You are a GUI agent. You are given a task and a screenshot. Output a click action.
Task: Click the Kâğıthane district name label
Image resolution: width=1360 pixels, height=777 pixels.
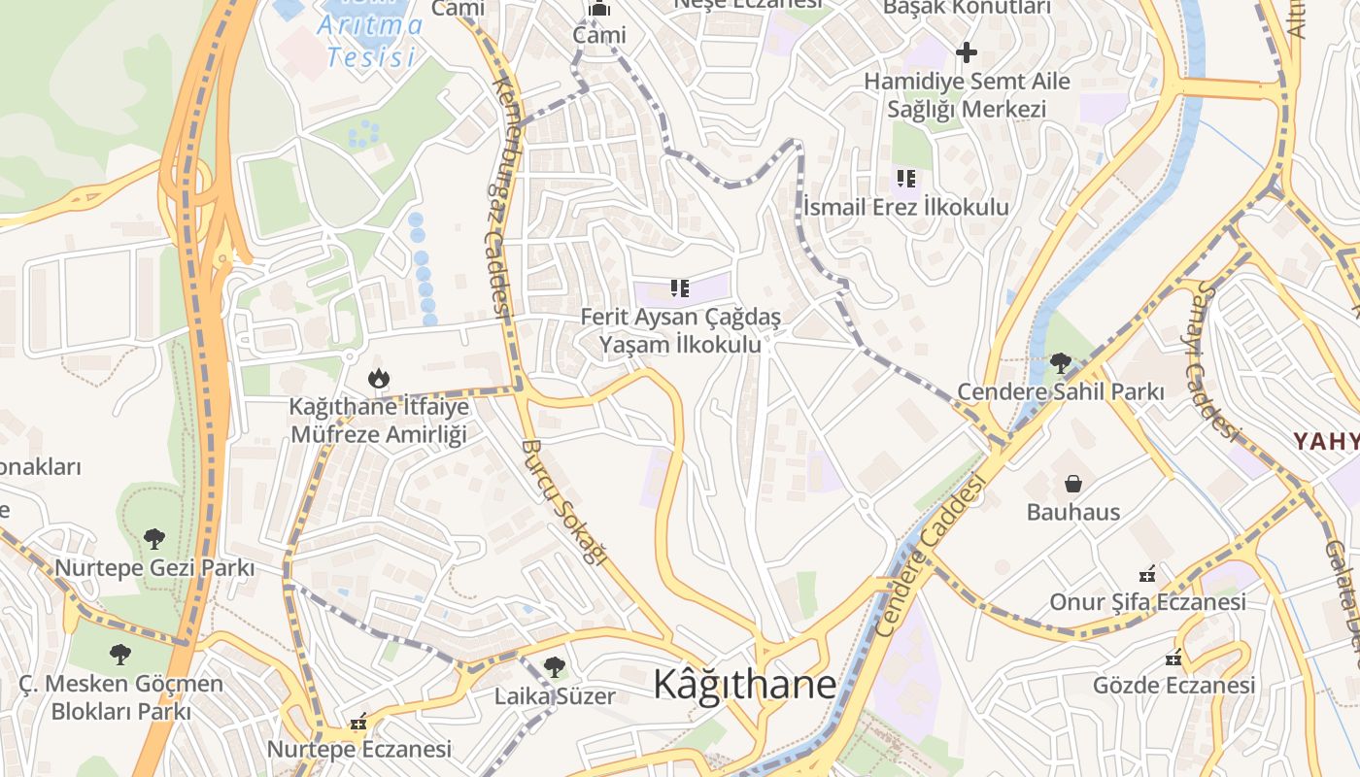tap(744, 685)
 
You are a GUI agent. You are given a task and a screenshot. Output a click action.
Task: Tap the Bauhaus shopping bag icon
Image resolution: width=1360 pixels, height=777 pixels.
tap(1073, 483)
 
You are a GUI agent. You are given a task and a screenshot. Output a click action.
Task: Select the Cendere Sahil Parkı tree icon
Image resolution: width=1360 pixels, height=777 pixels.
tap(1060, 363)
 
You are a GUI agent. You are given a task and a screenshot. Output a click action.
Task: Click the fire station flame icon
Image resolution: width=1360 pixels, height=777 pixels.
tap(378, 378)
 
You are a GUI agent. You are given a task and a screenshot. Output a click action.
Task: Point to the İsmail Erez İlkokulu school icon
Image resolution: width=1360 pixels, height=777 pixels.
tap(905, 178)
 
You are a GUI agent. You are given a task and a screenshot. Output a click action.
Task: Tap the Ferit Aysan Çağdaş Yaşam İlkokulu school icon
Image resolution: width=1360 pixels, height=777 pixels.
tap(679, 287)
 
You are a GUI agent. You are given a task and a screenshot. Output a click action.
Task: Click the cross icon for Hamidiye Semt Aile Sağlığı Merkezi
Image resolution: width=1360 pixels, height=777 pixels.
tap(966, 52)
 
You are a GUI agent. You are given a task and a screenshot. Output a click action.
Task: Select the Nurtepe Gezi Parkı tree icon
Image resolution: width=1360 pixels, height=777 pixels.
tap(153, 538)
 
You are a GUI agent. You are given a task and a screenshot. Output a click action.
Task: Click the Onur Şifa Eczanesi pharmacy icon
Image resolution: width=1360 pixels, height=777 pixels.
tap(1147, 573)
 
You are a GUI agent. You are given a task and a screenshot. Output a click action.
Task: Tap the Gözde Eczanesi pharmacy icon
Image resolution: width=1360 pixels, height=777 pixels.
tap(1173, 658)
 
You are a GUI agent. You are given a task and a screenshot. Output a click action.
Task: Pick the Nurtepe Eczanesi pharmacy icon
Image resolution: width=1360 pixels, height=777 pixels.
tap(358, 722)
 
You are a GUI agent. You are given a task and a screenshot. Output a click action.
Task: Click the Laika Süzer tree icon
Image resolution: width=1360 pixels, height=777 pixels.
tap(554, 667)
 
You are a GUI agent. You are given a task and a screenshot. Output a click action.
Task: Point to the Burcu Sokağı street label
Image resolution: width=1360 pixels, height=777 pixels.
tap(563, 501)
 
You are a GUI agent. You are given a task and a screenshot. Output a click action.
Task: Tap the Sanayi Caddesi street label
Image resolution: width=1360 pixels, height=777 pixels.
tap(1214, 359)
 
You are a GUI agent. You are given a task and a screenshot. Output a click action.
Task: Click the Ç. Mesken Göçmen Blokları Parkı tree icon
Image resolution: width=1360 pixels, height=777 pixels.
tap(120, 655)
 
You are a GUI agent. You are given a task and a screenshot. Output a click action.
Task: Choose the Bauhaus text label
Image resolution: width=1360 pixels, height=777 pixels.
tap(1073, 512)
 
